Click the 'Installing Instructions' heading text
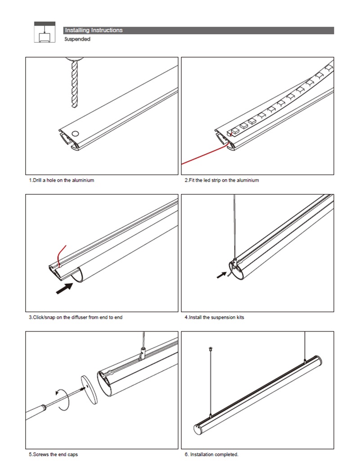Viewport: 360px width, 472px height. tap(94, 30)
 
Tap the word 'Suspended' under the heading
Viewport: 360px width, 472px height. tap(77, 39)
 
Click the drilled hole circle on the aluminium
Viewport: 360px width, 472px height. tap(75, 133)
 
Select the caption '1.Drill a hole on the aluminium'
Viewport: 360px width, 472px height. tap(62, 180)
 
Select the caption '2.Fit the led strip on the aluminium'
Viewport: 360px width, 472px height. tap(222, 180)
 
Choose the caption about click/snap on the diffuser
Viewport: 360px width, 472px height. tap(76, 317)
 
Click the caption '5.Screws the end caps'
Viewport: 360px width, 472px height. tap(54, 454)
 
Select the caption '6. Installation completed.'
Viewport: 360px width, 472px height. tap(211, 454)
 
